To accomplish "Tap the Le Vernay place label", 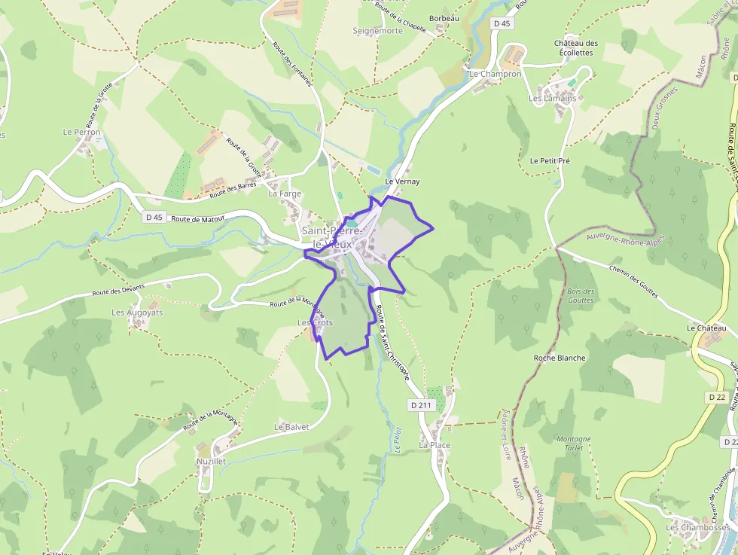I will pos(401,182).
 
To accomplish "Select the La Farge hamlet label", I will pos(285,194).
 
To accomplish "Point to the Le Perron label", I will pos(81,132).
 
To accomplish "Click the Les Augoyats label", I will pos(137,312).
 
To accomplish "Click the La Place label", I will pos(435,445).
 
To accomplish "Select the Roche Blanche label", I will pos(559,358).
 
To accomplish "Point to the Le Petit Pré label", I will pos(550,160).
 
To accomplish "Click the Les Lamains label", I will pos(552,99).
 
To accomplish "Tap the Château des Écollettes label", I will pos(576,48).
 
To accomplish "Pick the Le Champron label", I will pos(495,75).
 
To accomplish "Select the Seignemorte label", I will pos(378,31).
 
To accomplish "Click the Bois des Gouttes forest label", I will pos(581,296).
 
